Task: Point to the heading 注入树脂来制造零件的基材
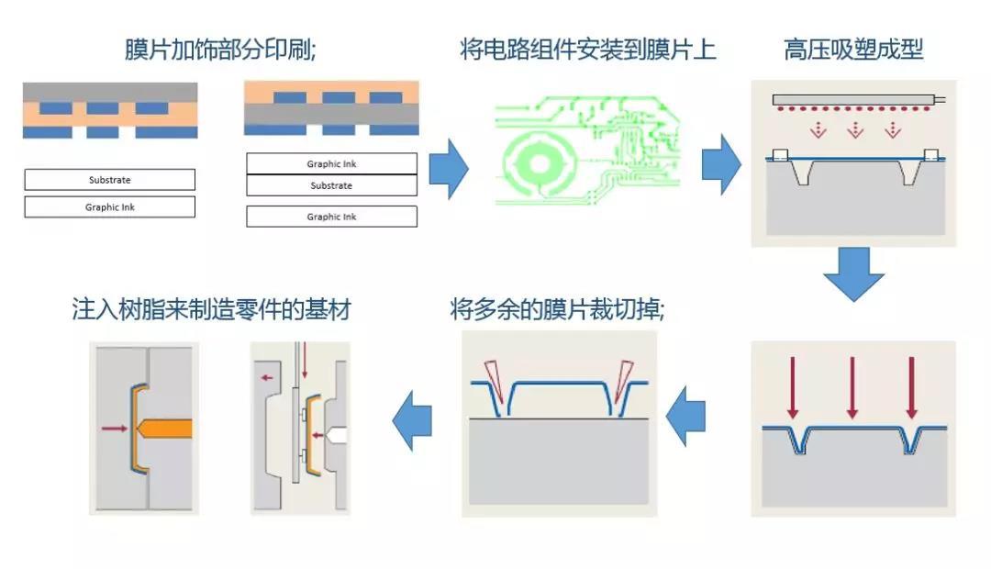(x=211, y=309)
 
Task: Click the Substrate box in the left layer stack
(x=109, y=180)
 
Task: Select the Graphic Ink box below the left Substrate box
(x=109, y=207)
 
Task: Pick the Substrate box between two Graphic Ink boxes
(x=331, y=185)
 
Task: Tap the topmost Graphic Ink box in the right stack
(x=331, y=164)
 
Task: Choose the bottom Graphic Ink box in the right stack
(x=331, y=217)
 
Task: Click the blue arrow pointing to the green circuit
(x=449, y=168)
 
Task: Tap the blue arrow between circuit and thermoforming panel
(x=721, y=164)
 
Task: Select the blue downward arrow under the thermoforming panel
(x=852, y=274)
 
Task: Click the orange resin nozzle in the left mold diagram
(x=165, y=428)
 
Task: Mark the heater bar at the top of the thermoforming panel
(x=853, y=99)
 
